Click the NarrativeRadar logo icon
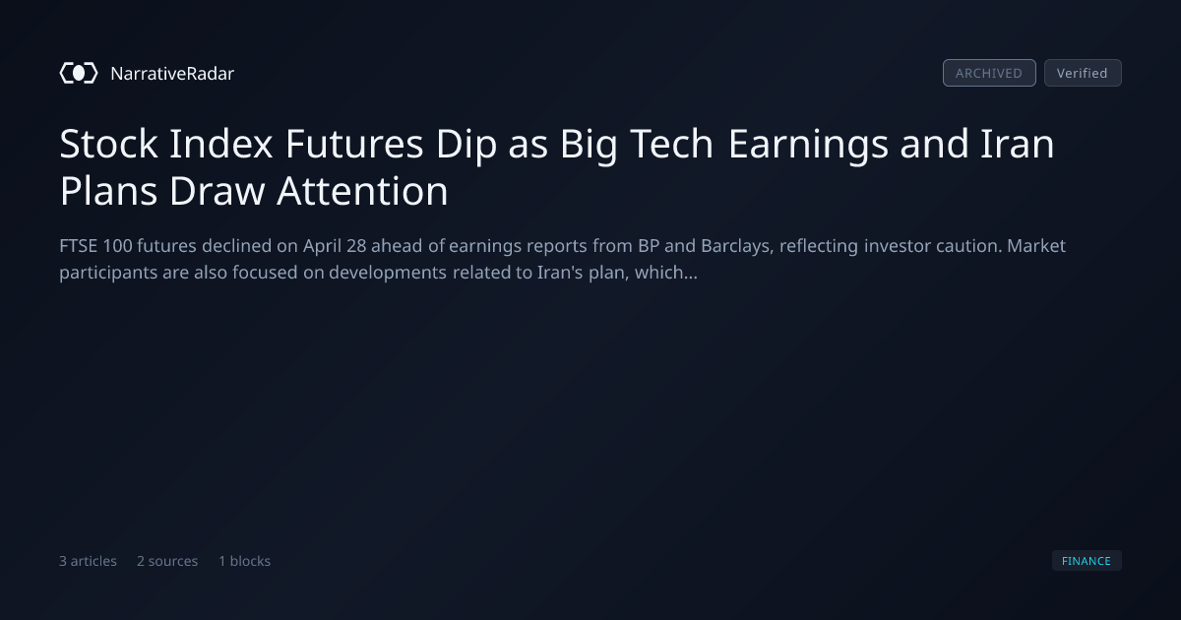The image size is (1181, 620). tap(79, 73)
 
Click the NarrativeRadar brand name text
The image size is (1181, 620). tap(172, 74)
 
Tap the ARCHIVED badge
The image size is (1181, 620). tap(989, 73)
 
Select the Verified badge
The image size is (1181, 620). tap(1083, 73)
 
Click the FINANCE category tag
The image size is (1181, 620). tap(1087, 560)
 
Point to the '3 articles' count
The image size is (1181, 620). tap(88, 561)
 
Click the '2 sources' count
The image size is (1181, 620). tap(167, 561)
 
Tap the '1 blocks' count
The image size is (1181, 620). tap(245, 561)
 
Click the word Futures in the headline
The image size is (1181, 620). tap(354, 144)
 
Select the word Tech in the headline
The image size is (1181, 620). tap(671, 144)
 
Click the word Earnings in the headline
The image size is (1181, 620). tap(808, 145)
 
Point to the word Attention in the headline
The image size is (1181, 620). tap(362, 191)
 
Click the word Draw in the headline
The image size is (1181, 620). tap(218, 191)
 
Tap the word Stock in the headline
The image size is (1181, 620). tap(108, 144)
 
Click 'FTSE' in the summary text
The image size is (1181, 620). tap(78, 246)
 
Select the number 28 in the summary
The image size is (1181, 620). tap(356, 246)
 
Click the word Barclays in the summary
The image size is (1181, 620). tap(737, 247)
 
